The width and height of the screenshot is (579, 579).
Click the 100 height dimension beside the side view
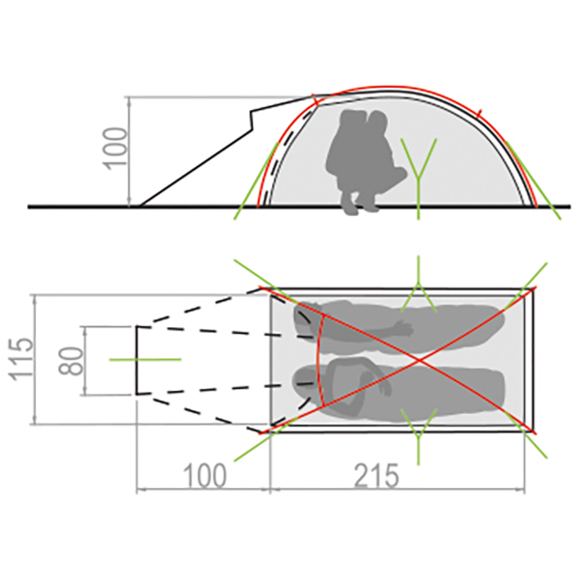tap(115, 149)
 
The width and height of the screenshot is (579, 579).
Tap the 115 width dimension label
tap(22, 359)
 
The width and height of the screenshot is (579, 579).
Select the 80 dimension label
tap(70, 361)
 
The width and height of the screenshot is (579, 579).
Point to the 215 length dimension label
tap(376, 477)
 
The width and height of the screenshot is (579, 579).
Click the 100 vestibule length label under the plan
tap(205, 477)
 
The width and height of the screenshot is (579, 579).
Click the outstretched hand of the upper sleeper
tap(404, 328)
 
